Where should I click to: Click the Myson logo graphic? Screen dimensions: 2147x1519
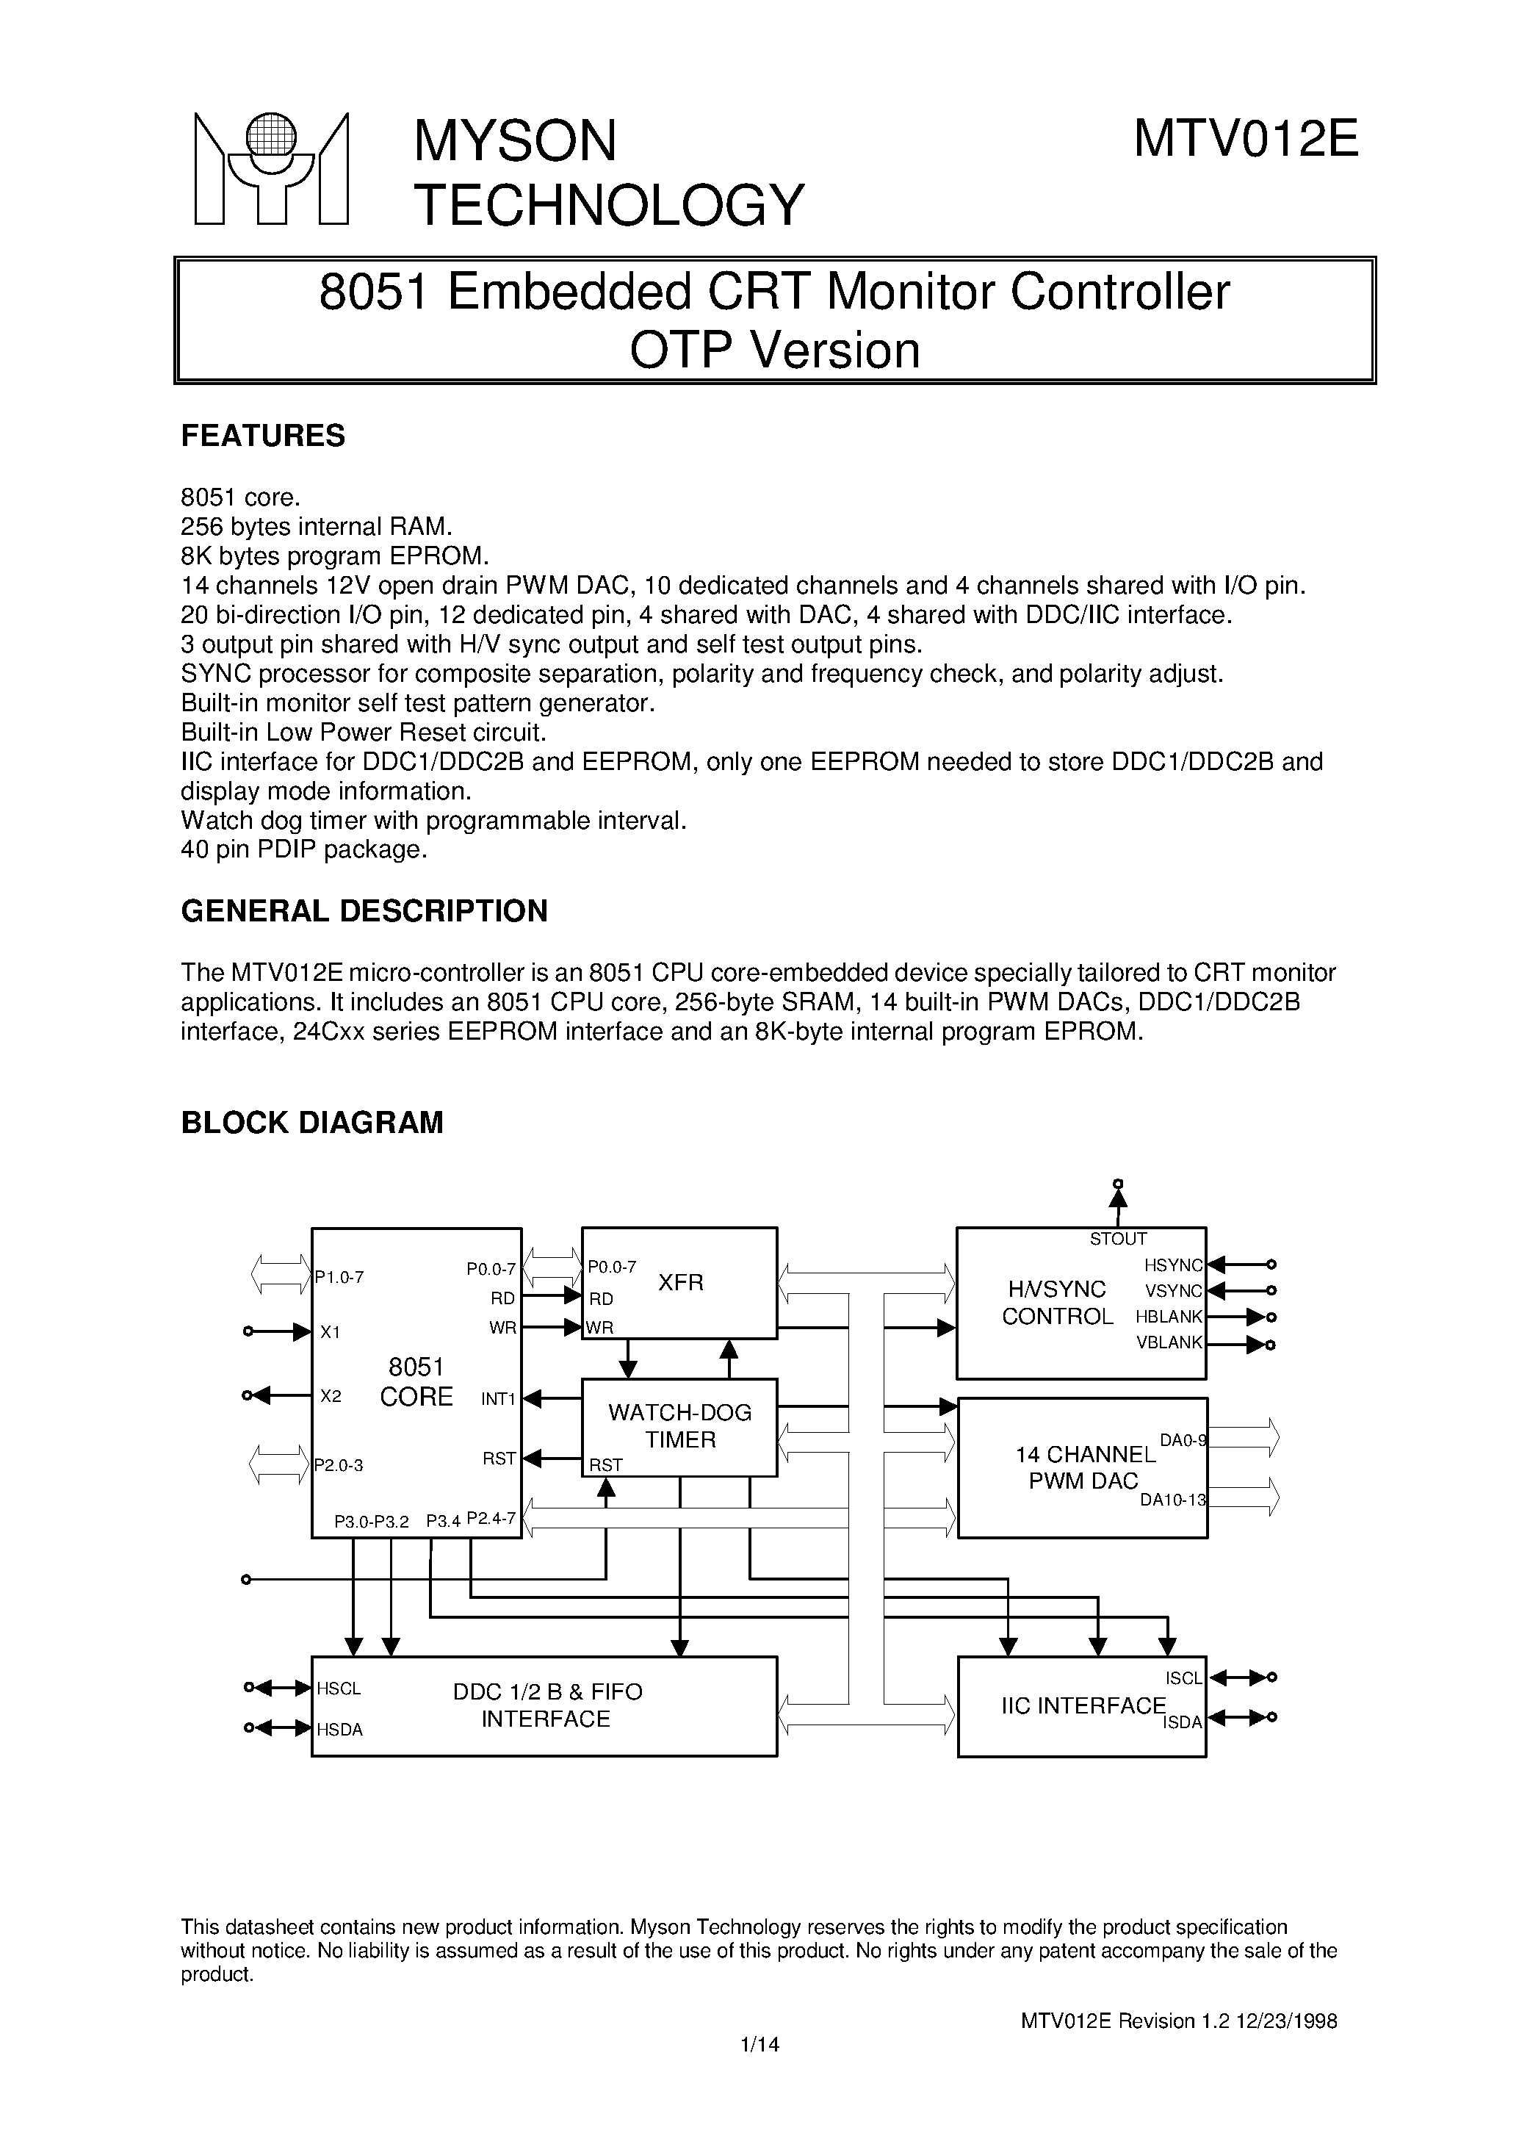(271, 169)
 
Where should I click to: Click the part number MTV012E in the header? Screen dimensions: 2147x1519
(1246, 140)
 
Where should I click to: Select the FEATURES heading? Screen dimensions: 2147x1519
(263, 436)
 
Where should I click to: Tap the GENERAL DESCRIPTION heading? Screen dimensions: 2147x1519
(364, 910)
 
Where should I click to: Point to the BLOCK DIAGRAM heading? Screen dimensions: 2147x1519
(311, 1122)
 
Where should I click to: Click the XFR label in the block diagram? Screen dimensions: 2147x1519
(680, 1283)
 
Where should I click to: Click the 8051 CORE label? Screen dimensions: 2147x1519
(416, 1383)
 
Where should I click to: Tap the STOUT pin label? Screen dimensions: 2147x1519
(1118, 1239)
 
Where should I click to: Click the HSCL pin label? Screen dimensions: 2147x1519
(339, 1688)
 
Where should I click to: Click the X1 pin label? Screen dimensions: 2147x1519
(331, 1332)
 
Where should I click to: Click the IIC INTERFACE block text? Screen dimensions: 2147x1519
(1083, 1705)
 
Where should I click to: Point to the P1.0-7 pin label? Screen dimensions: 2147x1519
(339, 1276)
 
